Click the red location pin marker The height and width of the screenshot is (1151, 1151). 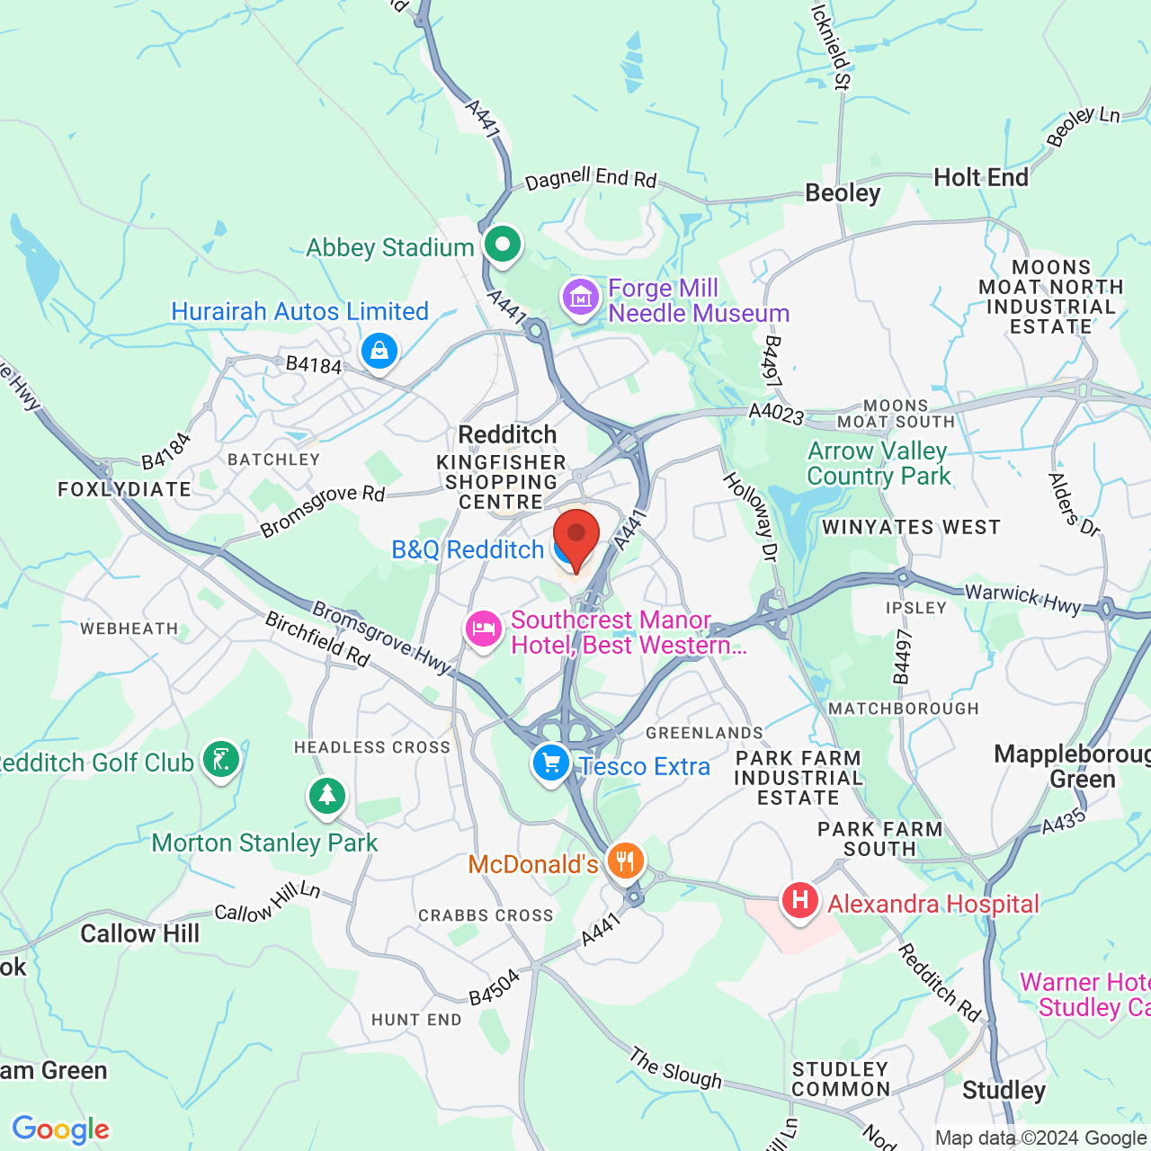pyautogui.click(x=575, y=536)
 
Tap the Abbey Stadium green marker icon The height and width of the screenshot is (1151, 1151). pyautogui.click(x=503, y=245)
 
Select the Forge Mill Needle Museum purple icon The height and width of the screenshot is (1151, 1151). pyautogui.click(x=581, y=298)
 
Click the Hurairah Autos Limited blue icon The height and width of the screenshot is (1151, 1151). pyautogui.click(x=379, y=350)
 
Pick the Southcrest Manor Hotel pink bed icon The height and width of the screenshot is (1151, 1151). pyautogui.click(x=484, y=628)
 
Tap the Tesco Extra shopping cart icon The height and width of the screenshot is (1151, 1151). pyautogui.click(x=550, y=764)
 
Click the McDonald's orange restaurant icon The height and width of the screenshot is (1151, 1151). pyautogui.click(x=625, y=861)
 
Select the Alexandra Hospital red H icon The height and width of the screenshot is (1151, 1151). pyautogui.click(x=799, y=900)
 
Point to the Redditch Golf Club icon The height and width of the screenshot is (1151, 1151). pyautogui.click(x=220, y=761)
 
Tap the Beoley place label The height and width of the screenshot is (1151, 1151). pyautogui.click(x=843, y=193)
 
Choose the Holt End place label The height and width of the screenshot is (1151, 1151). pyautogui.click(x=981, y=178)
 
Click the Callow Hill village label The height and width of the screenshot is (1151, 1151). pyautogui.click(x=140, y=934)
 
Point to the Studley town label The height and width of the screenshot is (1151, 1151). pyautogui.click(x=1004, y=1091)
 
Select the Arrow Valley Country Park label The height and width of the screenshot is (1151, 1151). pyautogui.click(x=879, y=463)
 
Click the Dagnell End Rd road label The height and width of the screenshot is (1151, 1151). pyautogui.click(x=591, y=178)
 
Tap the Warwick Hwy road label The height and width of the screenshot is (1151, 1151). pyautogui.click(x=1023, y=599)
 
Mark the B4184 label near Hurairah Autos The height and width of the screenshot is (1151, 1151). pyautogui.click(x=314, y=364)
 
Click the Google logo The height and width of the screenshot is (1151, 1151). pyautogui.click(x=61, y=1129)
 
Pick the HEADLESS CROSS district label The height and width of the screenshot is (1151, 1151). pyautogui.click(x=372, y=747)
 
